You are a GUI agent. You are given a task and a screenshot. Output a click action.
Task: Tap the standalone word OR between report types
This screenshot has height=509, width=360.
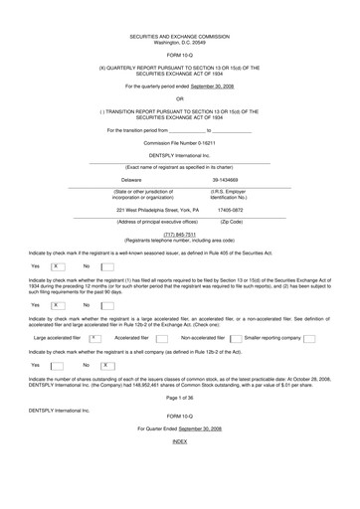179,97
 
